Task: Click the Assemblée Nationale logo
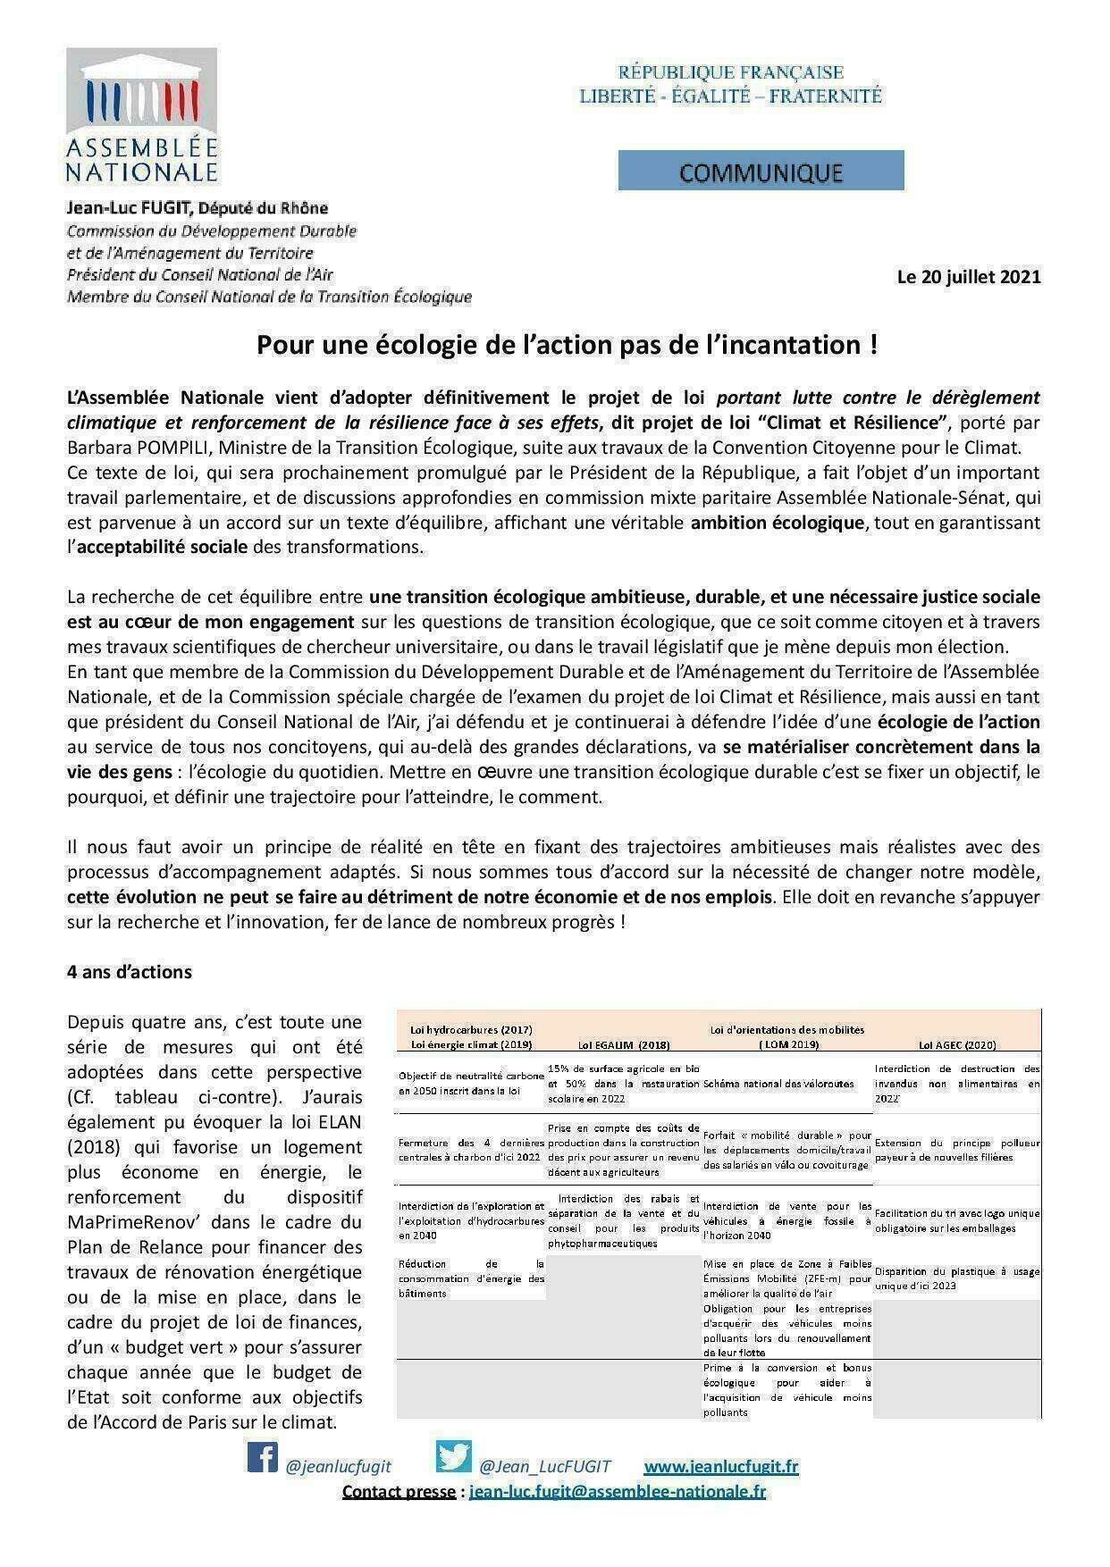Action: [x=142, y=116]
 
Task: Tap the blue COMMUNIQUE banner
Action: [x=761, y=171]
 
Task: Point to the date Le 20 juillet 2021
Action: [x=969, y=277]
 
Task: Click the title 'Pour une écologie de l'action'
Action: [x=567, y=345]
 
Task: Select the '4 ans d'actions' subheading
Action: [x=130, y=972]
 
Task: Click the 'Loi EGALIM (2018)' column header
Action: [x=623, y=1044]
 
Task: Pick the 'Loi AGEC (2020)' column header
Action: [x=957, y=1044]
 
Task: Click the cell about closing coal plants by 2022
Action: [x=471, y=1150]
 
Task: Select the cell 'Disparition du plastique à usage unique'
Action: [x=957, y=1278]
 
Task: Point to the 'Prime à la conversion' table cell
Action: [x=786, y=1390]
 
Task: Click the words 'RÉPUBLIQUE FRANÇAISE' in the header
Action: [x=730, y=72]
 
